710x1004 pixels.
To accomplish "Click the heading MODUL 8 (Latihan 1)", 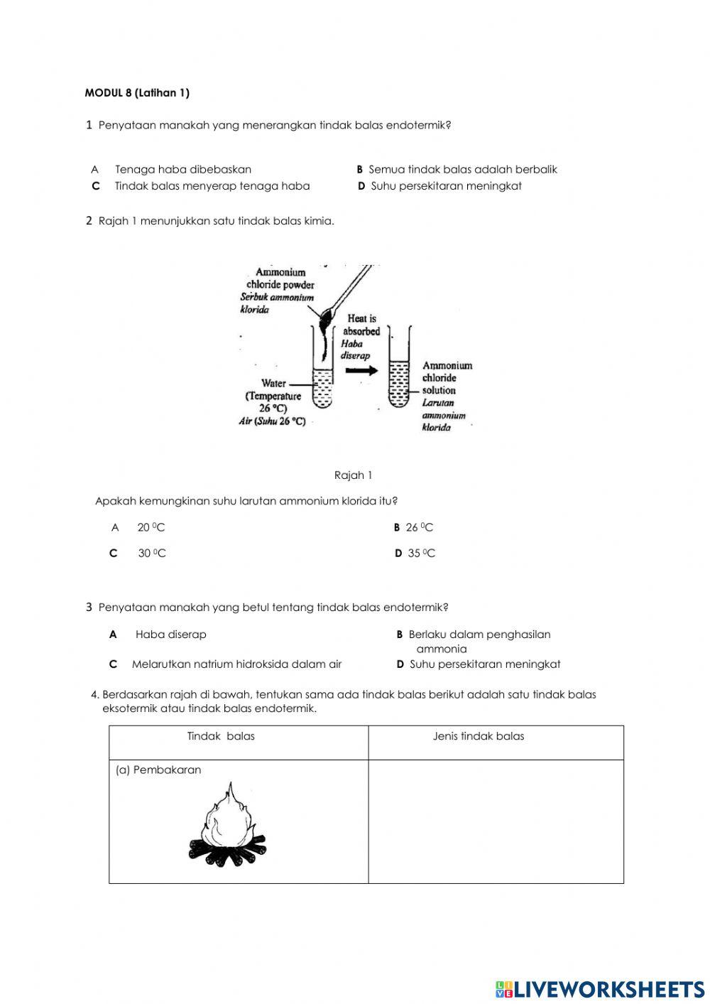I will tap(137, 93).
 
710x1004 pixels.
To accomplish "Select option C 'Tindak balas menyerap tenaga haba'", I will tap(212, 186).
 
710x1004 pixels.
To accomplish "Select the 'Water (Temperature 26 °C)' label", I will tap(274, 396).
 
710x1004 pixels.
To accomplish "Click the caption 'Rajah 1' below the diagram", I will tap(353, 475).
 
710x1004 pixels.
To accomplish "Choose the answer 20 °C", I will tap(151, 528).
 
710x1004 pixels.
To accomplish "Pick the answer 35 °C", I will tap(421, 554).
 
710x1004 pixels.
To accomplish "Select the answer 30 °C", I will tap(151, 554).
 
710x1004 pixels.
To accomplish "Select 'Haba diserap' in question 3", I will tap(170, 635).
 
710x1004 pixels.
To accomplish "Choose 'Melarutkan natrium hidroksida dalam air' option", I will tap(236, 664).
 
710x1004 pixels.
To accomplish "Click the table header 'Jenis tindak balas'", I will tap(479, 736).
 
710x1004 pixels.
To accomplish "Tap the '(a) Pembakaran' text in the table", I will tap(158, 770).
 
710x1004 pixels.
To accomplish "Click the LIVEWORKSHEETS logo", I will tap(600, 989).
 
